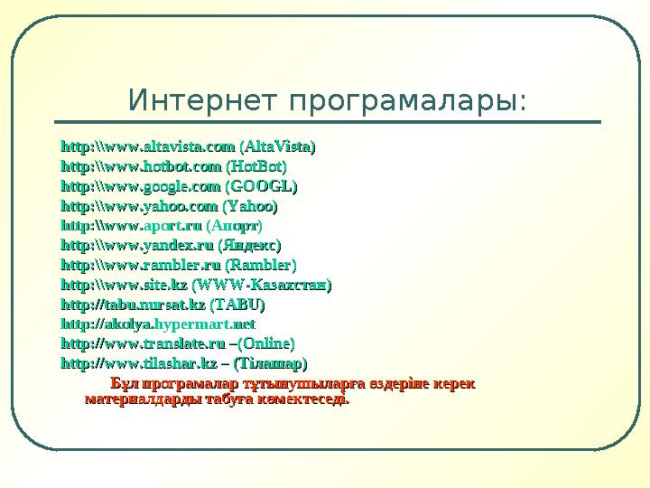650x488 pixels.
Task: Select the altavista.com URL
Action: coord(148,145)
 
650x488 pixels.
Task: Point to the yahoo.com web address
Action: coord(138,208)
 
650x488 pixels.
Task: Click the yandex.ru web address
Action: coord(138,245)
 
